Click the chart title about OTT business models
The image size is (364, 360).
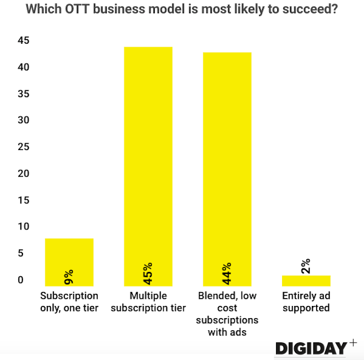coord(181,10)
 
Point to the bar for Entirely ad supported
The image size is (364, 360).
coord(306,280)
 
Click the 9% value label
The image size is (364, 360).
coord(69,278)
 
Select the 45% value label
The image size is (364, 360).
coord(148,273)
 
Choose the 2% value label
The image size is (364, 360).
coord(306,266)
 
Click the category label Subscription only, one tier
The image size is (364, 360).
coord(69,302)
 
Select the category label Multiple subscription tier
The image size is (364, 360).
coord(148,302)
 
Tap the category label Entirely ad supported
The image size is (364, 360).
coord(306,302)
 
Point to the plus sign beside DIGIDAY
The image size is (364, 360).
coord(353,344)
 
